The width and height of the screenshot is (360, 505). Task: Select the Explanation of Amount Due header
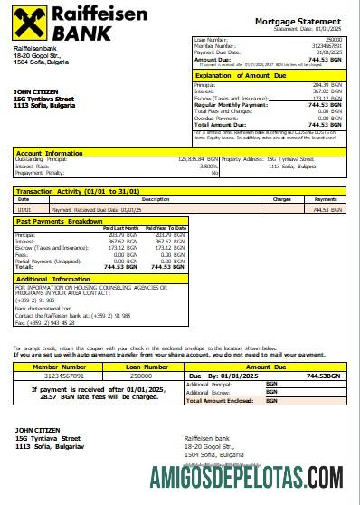238,76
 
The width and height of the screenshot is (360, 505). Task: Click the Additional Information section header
53,279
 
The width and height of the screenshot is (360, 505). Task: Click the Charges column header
281,198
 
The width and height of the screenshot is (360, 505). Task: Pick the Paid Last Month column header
121,227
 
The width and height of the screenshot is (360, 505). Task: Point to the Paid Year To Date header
167,227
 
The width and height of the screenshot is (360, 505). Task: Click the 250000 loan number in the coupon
141,376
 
